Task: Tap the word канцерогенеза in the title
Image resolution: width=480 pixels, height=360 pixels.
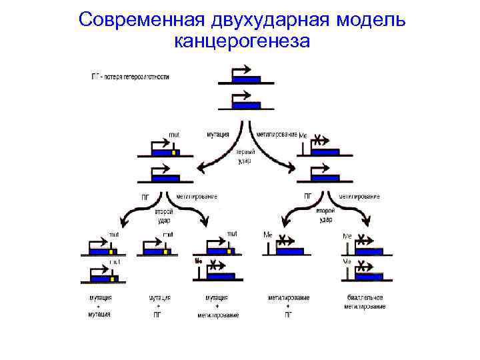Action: [x=241, y=42]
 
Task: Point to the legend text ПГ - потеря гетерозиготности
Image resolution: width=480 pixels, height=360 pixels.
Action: [x=130, y=77]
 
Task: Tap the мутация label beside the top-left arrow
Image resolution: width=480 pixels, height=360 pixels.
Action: [x=217, y=134]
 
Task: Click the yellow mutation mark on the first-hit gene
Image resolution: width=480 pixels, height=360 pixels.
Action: [x=173, y=152]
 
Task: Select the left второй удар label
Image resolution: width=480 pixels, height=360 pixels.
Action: [x=163, y=215]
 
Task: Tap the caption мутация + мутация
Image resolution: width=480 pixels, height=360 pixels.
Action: [x=101, y=305]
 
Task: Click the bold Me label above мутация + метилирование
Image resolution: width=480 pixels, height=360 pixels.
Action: [x=198, y=261]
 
